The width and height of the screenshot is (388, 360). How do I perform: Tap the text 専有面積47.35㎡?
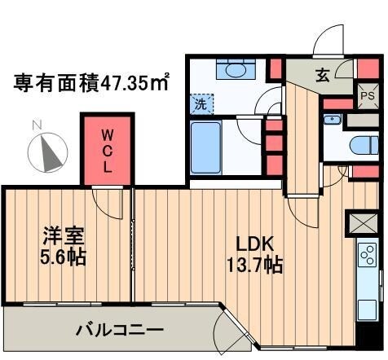point(90,82)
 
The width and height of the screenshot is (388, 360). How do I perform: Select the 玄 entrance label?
point(323,76)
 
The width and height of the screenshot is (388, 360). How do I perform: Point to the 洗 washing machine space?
point(200,104)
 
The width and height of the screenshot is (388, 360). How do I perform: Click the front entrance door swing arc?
point(330,41)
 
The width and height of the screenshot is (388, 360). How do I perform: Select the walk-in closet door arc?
point(104,197)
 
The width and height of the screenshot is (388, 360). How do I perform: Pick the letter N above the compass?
point(34,125)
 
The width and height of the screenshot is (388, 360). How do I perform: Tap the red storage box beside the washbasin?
point(276,68)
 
